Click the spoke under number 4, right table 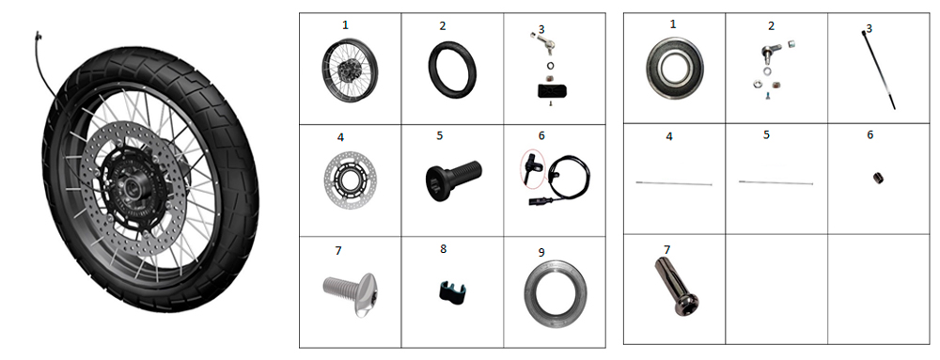(673, 184)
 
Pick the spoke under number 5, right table (775, 182)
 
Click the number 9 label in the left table (541, 252)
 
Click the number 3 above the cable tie (869, 28)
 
